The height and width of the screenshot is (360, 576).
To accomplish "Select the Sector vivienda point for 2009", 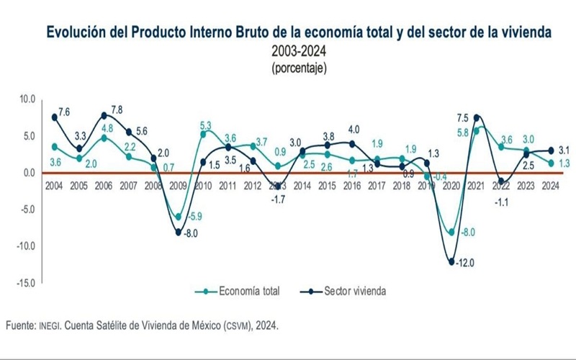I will point(179,232).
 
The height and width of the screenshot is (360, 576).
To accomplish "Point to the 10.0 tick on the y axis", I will point(27,99).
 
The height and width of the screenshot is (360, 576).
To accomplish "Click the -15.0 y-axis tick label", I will point(25,283).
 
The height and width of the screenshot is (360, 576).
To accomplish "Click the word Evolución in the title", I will point(76,32).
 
